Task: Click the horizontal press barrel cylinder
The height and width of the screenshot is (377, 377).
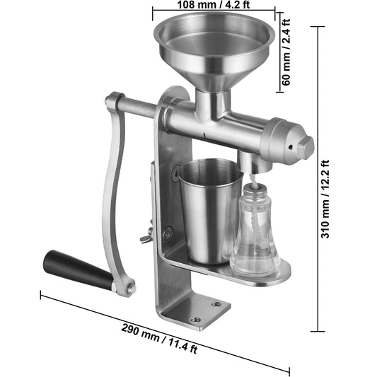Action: click(x=233, y=127)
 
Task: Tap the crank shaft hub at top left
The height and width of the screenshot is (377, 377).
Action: click(x=113, y=103)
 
